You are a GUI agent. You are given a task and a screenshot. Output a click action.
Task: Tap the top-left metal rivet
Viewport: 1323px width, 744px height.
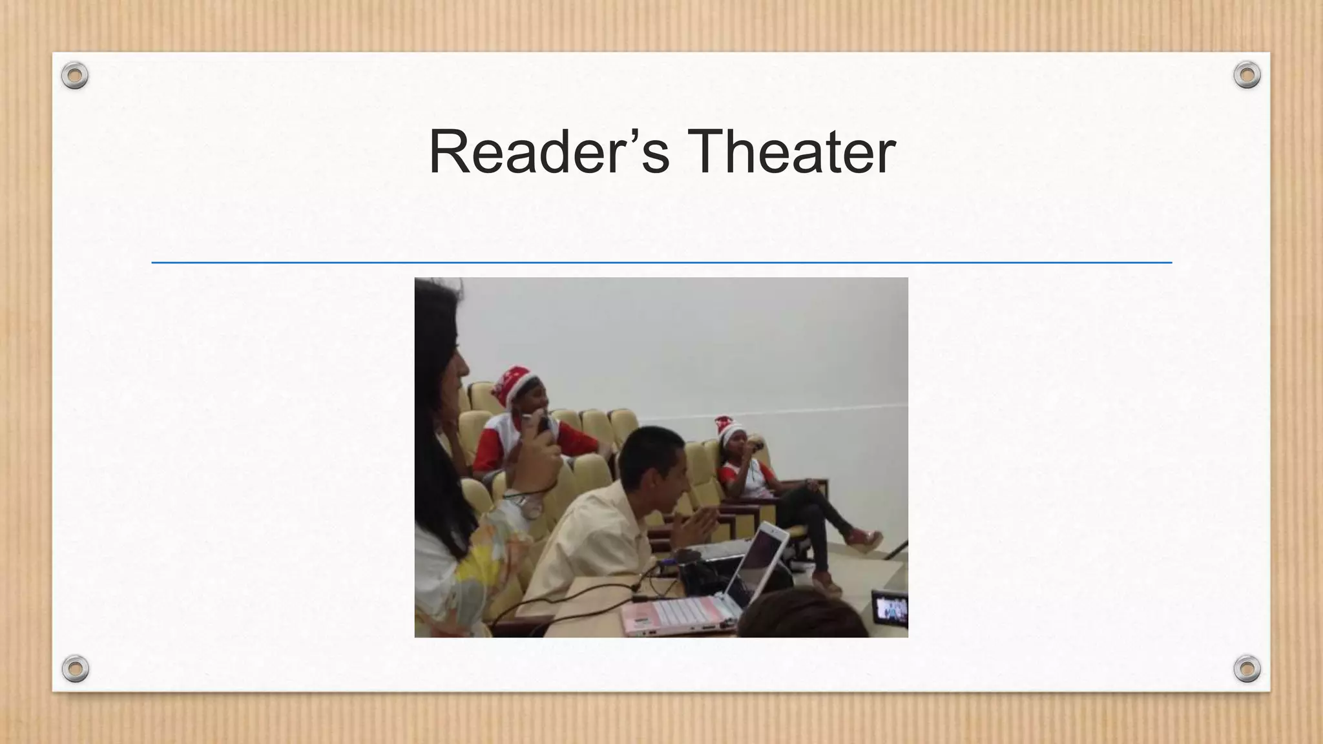75,76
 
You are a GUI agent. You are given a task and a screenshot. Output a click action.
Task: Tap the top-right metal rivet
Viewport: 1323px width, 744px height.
1247,76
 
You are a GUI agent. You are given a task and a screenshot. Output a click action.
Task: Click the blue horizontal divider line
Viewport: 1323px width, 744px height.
661,263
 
